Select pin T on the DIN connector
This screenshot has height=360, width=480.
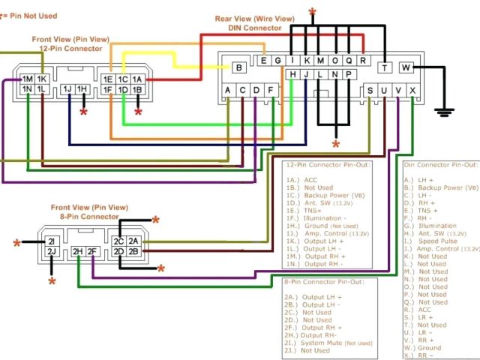(x=385, y=67)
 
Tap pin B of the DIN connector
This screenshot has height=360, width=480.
(x=238, y=67)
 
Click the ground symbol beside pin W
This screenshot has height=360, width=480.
(x=445, y=112)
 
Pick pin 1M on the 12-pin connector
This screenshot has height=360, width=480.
(x=27, y=79)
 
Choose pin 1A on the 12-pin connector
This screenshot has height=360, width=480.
(x=136, y=79)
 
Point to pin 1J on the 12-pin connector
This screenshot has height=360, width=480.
(x=67, y=90)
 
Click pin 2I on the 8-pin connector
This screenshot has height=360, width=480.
(x=52, y=241)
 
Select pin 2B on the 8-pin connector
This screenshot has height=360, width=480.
(x=134, y=252)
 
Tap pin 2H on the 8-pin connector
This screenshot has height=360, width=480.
(x=77, y=252)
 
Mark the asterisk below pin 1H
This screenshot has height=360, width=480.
(x=83, y=112)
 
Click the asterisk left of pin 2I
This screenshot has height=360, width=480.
(x=17, y=243)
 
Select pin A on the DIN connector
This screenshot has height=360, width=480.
(x=228, y=90)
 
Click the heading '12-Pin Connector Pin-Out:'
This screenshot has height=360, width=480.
(x=328, y=164)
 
